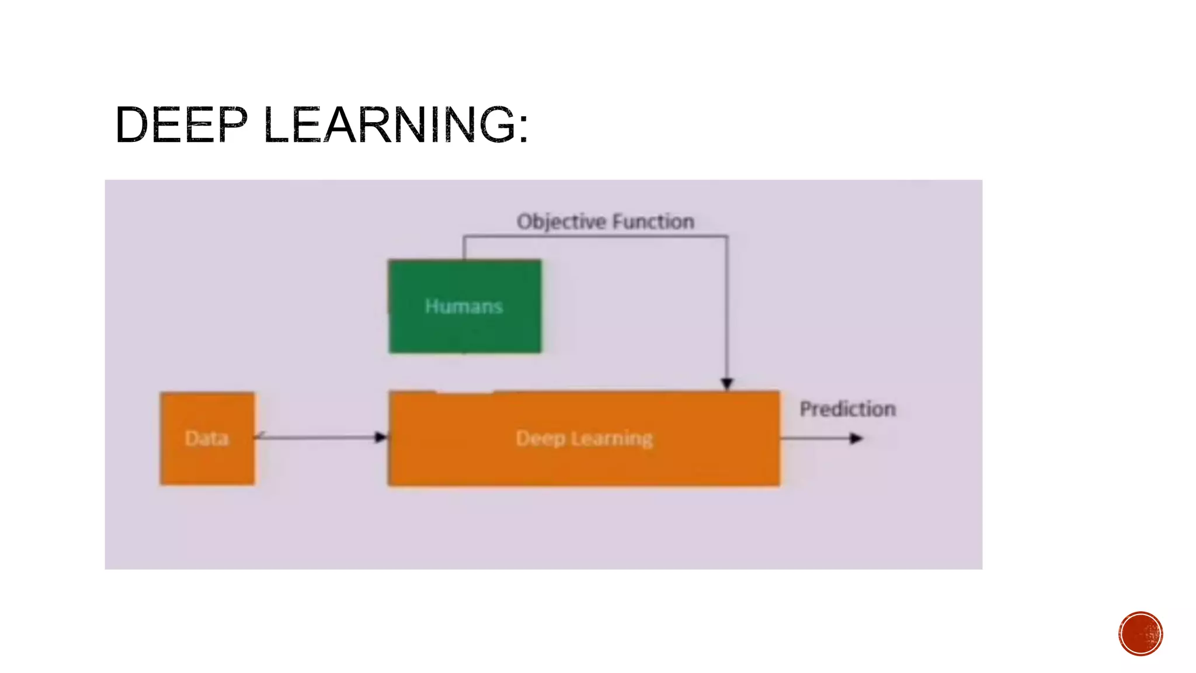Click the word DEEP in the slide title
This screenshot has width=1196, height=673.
pyautogui.click(x=182, y=124)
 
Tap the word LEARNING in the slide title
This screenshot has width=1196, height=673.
pyautogui.click(x=389, y=124)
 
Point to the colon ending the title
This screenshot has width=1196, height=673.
pyautogui.click(x=523, y=124)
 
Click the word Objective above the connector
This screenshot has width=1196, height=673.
pyautogui.click(x=561, y=222)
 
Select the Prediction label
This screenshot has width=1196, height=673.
pyautogui.click(x=847, y=409)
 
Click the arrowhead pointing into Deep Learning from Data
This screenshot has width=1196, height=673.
pyautogui.click(x=381, y=437)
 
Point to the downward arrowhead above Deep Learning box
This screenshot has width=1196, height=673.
pyautogui.click(x=727, y=383)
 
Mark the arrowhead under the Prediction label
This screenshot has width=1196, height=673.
pyautogui.click(x=856, y=438)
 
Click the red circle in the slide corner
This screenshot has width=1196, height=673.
pyautogui.click(x=1141, y=634)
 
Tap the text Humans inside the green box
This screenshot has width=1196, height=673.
pyautogui.click(x=464, y=306)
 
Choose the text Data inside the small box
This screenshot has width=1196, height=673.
pyautogui.click(x=207, y=438)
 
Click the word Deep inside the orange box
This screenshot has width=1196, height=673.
pyautogui.click(x=540, y=438)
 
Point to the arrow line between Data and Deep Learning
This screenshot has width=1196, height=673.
pyautogui.click(x=318, y=437)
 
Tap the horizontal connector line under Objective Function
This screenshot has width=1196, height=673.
pyautogui.click(x=596, y=236)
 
